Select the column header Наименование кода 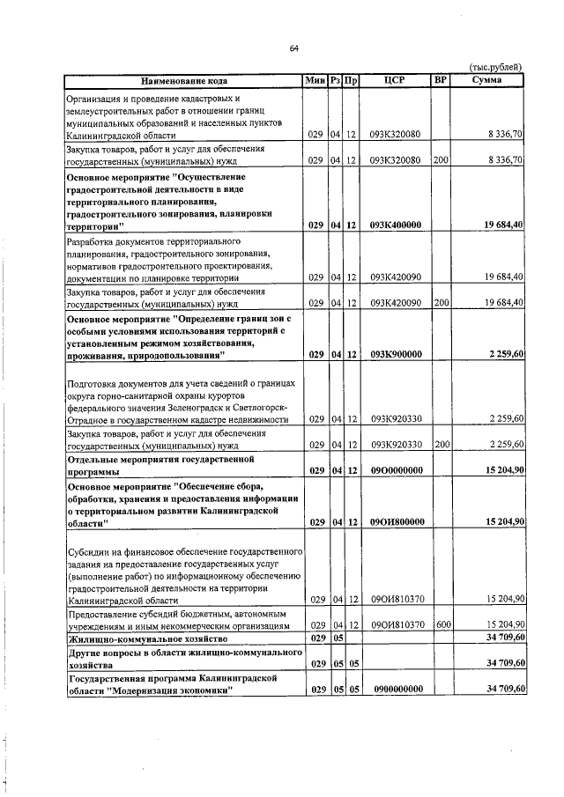point(182,80)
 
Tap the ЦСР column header point(396,80)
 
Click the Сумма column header point(487,80)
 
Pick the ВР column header point(441,80)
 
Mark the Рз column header point(336,80)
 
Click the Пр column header point(351,80)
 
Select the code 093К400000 point(396,225)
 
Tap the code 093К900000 point(396,354)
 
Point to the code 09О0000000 point(396,471)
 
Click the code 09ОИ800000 point(396,521)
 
